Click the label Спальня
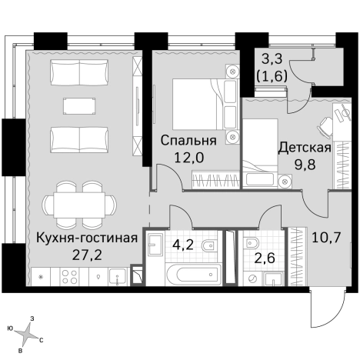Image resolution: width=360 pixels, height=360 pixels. [x=187, y=141]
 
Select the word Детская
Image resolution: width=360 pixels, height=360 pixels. [x=305, y=147]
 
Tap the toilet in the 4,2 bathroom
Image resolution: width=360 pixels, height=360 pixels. [x=208, y=248]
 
